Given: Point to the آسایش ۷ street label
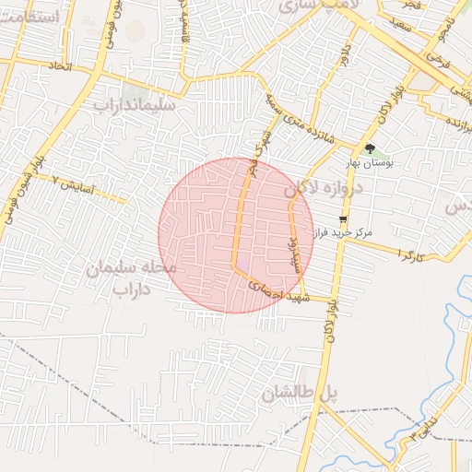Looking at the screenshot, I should click(x=73, y=184).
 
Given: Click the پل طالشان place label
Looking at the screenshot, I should click(x=300, y=394).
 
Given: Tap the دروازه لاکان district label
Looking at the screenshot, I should click(x=325, y=187).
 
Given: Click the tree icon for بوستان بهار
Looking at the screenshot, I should click(x=370, y=148).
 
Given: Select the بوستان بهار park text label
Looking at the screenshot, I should click(x=369, y=163).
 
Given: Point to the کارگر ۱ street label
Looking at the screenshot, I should click(x=410, y=252).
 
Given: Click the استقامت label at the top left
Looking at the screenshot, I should click(x=31, y=17).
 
